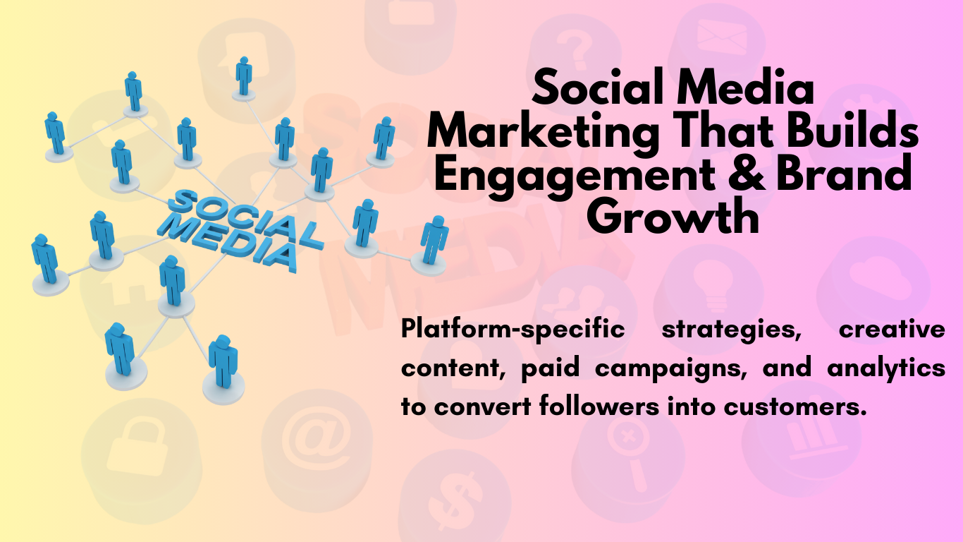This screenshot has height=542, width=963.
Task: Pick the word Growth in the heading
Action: coord(673,216)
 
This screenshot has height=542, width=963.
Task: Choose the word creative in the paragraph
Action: coord(892,330)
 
